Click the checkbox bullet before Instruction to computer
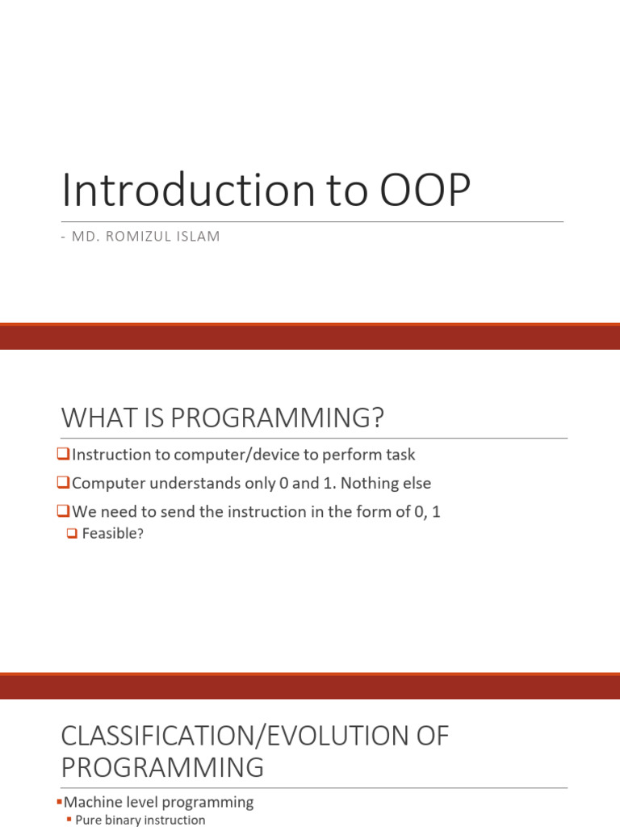tap(65, 455)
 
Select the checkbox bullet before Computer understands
tap(65, 483)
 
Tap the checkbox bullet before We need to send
tap(65, 511)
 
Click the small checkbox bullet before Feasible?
tap(72, 534)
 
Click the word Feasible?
tap(112, 534)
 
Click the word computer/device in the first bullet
tap(217, 455)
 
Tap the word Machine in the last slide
tap(91, 802)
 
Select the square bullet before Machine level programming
tap(61, 803)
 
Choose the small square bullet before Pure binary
tap(69, 821)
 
